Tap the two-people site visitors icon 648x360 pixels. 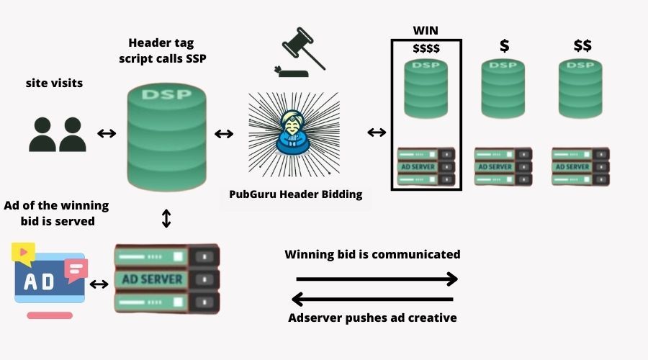point(58,133)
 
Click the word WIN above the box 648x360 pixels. point(426,30)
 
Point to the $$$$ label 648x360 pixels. point(426,48)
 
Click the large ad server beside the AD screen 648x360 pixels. point(166,278)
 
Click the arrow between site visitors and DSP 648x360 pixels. point(107,133)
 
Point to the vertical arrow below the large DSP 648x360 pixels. point(166,218)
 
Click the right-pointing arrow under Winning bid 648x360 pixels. point(377,279)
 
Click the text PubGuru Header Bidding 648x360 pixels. point(296,194)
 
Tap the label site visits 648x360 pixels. point(54,84)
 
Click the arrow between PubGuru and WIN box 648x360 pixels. point(377,132)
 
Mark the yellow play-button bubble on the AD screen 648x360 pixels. point(23,252)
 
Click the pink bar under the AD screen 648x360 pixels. point(49,315)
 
